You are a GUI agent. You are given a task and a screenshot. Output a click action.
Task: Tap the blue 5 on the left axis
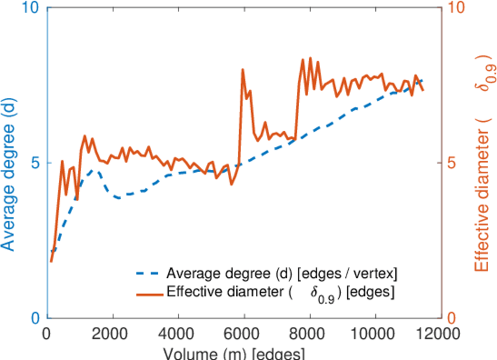click(x=34, y=163)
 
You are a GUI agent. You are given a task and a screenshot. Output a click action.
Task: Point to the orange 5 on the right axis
click(x=450, y=163)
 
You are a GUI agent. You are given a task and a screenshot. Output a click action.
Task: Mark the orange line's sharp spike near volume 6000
click(x=243, y=70)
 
